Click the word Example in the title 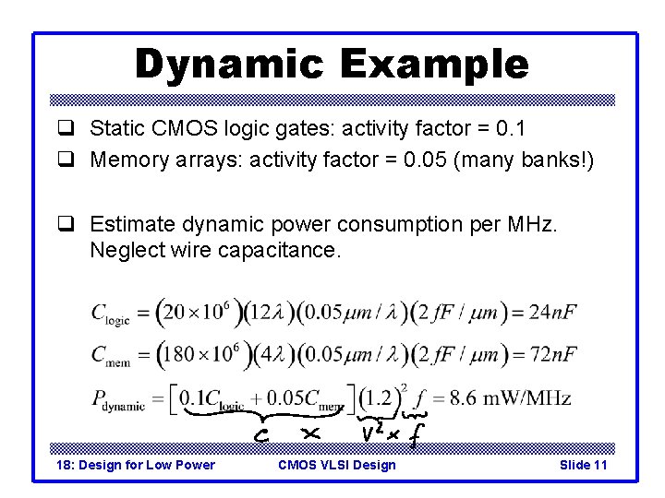(434, 65)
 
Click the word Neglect (124, 250)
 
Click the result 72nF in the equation (552, 354)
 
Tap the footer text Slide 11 (583, 465)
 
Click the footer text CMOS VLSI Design (336, 465)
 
